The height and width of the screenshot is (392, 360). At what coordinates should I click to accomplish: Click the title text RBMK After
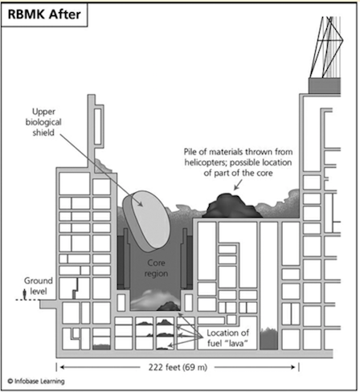[x=44, y=14]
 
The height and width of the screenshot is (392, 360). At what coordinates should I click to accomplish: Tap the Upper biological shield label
[x=43, y=122]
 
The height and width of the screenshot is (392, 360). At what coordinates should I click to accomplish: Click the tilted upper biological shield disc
[x=146, y=221]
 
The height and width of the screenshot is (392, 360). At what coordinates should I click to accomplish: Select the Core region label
[x=156, y=268]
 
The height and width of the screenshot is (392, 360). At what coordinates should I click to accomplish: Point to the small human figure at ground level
[x=25, y=294]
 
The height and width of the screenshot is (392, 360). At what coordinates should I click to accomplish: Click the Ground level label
[x=39, y=286]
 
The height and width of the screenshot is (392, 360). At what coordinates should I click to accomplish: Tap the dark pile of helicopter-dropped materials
[x=232, y=206]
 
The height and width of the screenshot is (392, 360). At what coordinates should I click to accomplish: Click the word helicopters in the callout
[x=206, y=162]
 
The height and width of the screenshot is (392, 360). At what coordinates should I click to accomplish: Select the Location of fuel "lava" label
[x=228, y=338]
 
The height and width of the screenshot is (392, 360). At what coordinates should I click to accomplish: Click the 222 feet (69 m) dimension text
[x=178, y=367]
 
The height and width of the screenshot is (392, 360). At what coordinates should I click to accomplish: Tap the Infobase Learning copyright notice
[x=36, y=381]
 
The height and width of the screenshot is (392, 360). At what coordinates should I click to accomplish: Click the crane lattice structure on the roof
[x=326, y=47]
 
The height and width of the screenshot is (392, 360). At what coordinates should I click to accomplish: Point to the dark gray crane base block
[x=325, y=86]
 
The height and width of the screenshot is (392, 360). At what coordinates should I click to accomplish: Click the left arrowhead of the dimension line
[x=62, y=367]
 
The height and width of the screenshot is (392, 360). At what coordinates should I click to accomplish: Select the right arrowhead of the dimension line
[x=292, y=367]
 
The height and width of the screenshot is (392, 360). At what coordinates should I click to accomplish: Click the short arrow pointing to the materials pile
[x=238, y=185]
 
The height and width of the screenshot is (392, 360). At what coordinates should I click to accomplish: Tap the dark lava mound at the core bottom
[x=169, y=306]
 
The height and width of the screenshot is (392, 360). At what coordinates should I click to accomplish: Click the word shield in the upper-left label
[x=43, y=133]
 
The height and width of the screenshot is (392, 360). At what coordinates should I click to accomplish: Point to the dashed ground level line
[x=28, y=300]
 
